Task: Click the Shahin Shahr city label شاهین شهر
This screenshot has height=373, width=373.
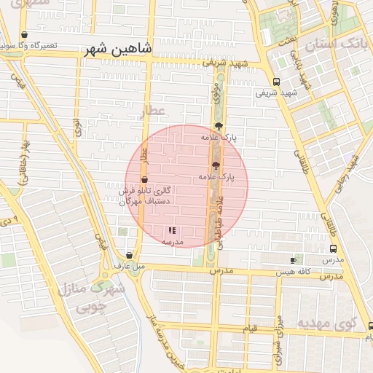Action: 118,50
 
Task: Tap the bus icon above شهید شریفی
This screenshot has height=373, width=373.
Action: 276,82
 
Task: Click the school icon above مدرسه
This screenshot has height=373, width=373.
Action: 172,230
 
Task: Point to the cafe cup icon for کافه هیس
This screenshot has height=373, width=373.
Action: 293,260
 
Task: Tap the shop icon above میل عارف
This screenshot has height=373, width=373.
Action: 129,255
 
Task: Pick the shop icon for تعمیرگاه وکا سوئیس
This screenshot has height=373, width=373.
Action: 25,35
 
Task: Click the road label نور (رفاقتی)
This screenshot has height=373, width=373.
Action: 27,161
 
